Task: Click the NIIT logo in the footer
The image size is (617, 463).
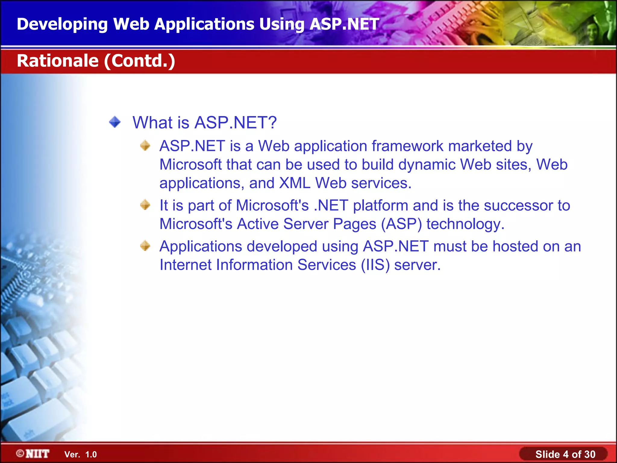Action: pyautogui.click(x=33, y=454)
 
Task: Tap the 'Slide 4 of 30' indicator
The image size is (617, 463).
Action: pyautogui.click(x=565, y=454)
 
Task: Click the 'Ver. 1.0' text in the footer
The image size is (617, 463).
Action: pyautogui.click(x=80, y=455)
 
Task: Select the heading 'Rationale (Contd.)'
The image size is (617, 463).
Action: pyautogui.click(x=96, y=61)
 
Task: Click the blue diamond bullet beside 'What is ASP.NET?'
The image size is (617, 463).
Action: pyautogui.click(x=115, y=122)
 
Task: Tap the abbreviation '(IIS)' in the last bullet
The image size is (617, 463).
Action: pyautogui.click(x=375, y=265)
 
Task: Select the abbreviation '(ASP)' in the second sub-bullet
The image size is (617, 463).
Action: pyautogui.click(x=401, y=224)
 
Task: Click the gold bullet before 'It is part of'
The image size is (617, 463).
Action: pyautogui.click(x=145, y=205)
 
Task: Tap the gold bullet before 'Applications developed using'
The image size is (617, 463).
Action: pyautogui.click(x=145, y=246)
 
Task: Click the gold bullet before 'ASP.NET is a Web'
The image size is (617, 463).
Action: pyautogui.click(x=145, y=146)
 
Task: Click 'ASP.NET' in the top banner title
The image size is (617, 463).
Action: pyautogui.click(x=344, y=24)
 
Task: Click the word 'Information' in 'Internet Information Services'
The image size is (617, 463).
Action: pyautogui.click(x=254, y=265)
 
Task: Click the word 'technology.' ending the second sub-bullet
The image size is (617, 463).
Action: pyautogui.click(x=465, y=224)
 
